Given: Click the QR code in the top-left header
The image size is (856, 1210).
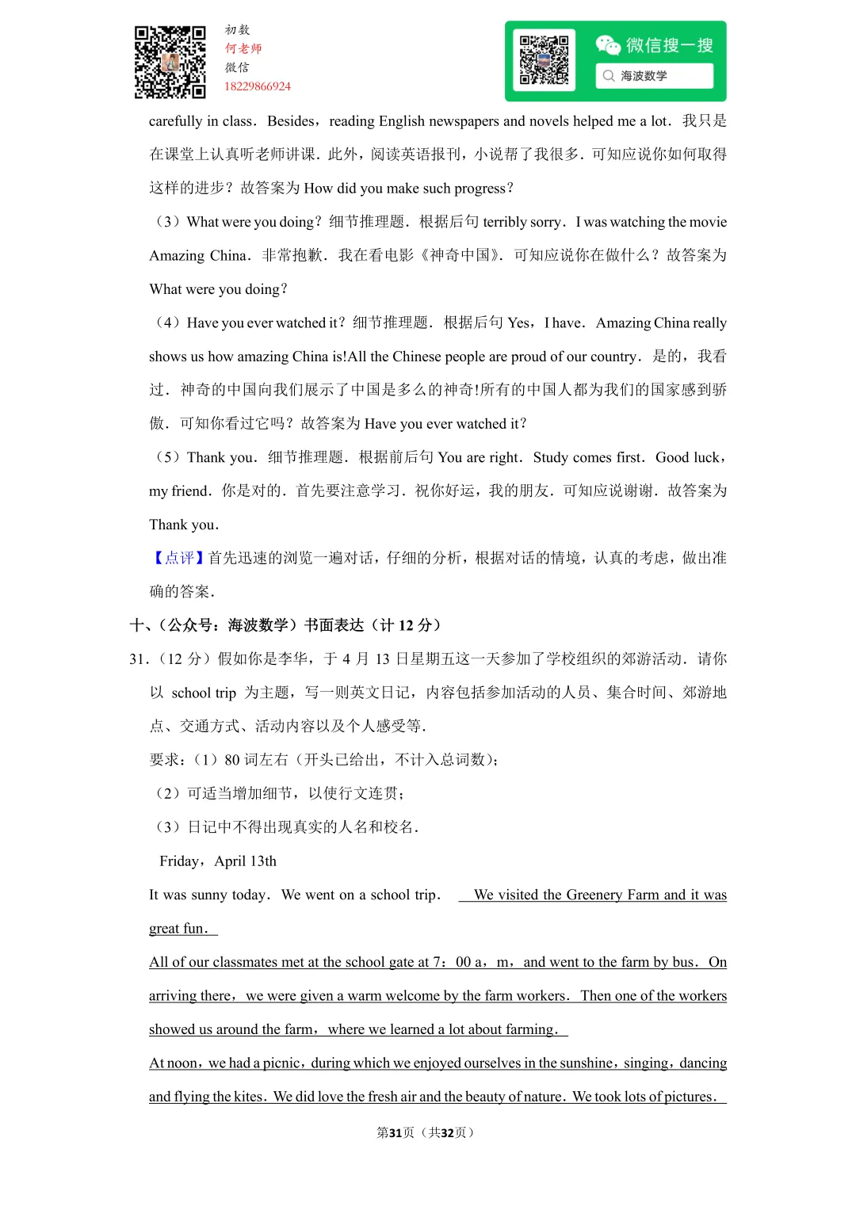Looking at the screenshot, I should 170,62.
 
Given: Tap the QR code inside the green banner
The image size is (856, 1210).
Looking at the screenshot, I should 544,60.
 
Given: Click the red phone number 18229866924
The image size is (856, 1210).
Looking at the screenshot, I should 258,86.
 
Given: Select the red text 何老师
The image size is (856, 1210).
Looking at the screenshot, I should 243,48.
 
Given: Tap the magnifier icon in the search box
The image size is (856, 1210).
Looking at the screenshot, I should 609,76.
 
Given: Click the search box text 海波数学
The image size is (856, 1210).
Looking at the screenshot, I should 644,76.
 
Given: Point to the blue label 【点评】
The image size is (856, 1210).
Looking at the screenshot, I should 178,558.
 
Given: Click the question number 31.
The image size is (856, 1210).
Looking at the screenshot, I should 138,659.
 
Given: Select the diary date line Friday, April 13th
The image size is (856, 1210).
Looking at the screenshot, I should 218,861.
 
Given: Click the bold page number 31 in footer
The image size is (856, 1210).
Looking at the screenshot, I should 396,1132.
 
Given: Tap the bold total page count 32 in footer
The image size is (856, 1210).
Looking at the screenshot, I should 447,1132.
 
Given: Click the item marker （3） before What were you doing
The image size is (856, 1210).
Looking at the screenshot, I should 167,222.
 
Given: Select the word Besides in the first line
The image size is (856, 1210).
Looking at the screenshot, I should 291,121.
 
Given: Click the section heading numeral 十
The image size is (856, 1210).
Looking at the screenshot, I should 136,625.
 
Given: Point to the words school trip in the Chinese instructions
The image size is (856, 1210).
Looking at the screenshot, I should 204,693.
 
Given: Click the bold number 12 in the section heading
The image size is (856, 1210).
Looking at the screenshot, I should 406,625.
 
